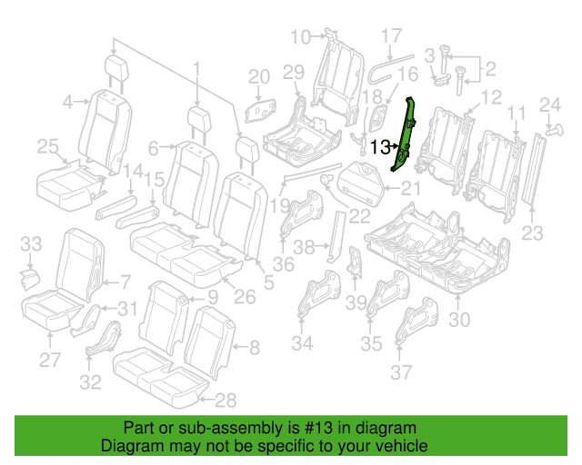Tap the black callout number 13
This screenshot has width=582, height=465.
[381, 147]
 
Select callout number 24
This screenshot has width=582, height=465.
[550, 105]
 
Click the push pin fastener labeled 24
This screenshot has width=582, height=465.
[555, 131]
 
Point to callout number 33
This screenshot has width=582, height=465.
[31, 244]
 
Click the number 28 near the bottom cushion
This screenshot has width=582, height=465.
[226, 401]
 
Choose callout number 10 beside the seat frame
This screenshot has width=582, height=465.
[301, 37]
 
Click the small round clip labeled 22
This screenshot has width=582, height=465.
[326, 180]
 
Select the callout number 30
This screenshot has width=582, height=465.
[459, 320]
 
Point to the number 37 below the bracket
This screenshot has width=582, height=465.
[401, 372]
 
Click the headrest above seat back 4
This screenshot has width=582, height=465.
[116, 68]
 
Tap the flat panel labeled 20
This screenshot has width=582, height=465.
[261, 111]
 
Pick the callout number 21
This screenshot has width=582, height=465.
[411, 189]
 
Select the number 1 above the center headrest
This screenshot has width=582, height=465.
[196, 72]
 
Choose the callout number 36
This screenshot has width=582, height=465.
[284, 264]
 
